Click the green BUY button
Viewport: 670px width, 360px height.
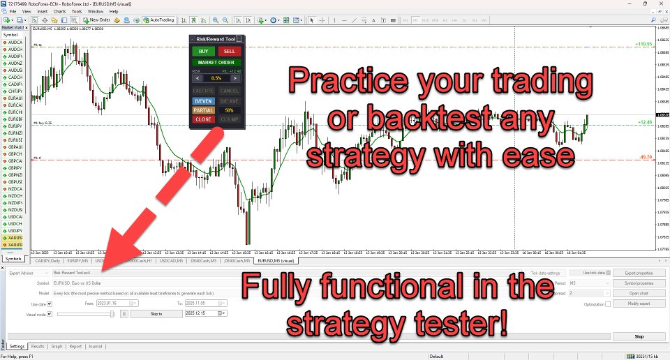203,51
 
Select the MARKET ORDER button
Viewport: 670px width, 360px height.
216,63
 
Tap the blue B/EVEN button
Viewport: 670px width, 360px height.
203,100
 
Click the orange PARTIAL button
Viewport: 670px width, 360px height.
203,110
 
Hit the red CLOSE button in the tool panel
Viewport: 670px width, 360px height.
203,119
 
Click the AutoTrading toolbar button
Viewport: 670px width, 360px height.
158,20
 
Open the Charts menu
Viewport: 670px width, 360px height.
59,12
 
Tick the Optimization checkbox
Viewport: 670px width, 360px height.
608,304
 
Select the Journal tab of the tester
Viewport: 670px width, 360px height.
95,346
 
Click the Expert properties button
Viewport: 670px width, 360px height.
639,273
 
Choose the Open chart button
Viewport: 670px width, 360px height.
639,294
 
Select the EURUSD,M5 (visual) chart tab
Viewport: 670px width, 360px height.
276,260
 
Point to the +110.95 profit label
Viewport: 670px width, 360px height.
643,44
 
